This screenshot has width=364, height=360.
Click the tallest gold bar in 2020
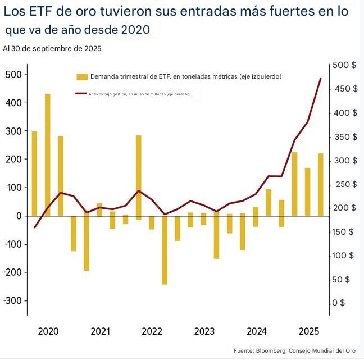(48, 154)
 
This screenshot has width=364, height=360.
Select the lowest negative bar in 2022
(165, 250)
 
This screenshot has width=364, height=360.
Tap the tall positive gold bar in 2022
(138, 175)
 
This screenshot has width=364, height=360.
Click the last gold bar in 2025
(321, 184)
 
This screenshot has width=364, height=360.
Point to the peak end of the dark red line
(321, 79)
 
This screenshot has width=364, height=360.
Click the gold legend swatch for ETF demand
(82, 76)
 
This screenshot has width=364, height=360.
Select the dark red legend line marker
(81, 94)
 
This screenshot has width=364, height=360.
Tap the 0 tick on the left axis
(19, 216)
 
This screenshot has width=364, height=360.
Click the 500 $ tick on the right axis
(344, 65)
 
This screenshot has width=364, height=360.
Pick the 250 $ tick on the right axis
(344, 184)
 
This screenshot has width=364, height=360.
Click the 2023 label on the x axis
(204, 331)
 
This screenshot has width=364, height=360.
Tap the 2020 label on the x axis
(48, 331)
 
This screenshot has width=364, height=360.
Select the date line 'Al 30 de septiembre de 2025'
(52, 49)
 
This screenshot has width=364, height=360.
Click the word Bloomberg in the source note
(267, 351)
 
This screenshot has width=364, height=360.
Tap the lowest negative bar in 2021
(87, 243)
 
